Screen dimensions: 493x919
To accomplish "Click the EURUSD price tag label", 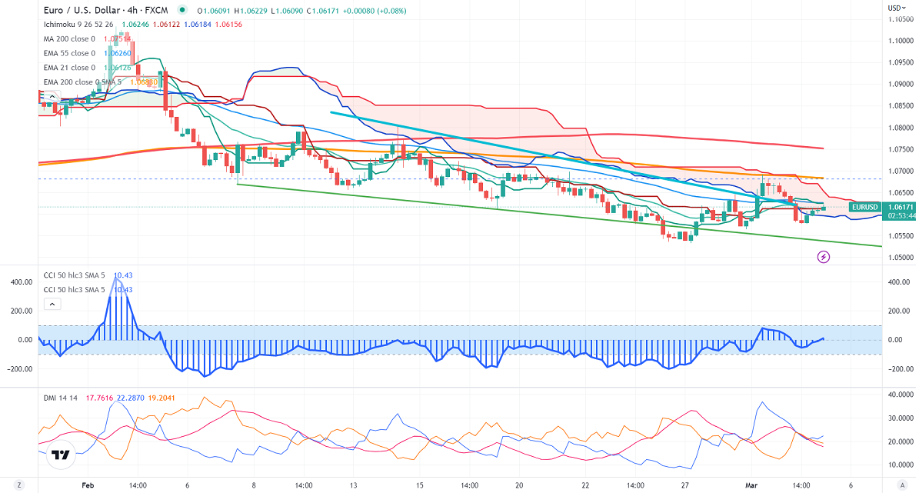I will click(864, 207).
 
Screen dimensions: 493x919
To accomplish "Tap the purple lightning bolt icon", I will click(823, 257).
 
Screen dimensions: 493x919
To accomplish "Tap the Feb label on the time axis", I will click(87, 485).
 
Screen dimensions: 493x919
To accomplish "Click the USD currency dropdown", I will click(896, 8).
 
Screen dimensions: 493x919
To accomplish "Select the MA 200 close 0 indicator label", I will click(69, 39).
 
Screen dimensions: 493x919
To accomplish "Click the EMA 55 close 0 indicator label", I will click(69, 53).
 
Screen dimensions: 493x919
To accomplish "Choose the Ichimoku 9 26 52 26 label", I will click(80, 25).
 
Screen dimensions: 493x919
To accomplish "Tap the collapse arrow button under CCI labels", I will click(52, 305).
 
